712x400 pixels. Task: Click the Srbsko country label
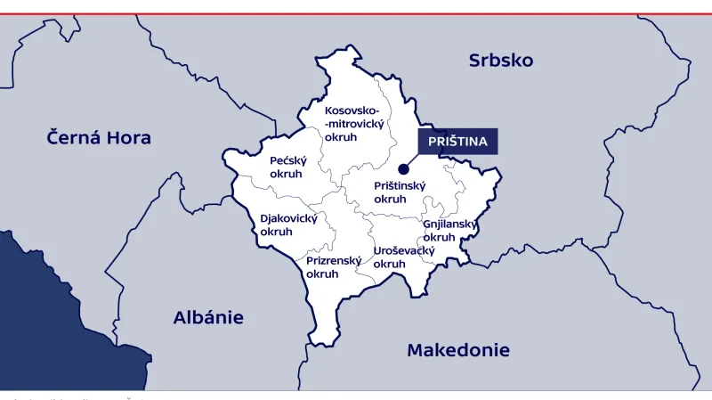pyautogui.click(x=501, y=61)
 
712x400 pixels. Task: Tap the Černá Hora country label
pyautogui.click(x=99, y=138)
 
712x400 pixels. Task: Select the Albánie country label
pyautogui.click(x=208, y=318)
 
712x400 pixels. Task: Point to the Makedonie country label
pyautogui.click(x=458, y=350)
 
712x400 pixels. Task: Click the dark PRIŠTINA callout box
pyautogui.click(x=458, y=142)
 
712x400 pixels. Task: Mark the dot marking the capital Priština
pyautogui.click(x=403, y=168)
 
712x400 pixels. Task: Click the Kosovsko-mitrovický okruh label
pyautogui.click(x=353, y=124)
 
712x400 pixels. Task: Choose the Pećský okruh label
pyautogui.click(x=287, y=167)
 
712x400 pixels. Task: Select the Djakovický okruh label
pyautogui.click(x=288, y=224)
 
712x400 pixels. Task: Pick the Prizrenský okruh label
pyautogui.click(x=334, y=267)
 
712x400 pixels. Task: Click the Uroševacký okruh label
pyautogui.click(x=403, y=257)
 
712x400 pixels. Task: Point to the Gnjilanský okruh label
pyautogui.click(x=449, y=231)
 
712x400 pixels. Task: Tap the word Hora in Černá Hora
pyautogui.click(x=129, y=138)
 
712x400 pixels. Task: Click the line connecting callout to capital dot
pyautogui.click(x=412, y=160)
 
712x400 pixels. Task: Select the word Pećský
pyautogui.click(x=287, y=160)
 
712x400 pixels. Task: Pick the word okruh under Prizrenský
pyautogui.click(x=322, y=274)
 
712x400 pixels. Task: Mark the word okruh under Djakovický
pyautogui.click(x=276, y=232)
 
